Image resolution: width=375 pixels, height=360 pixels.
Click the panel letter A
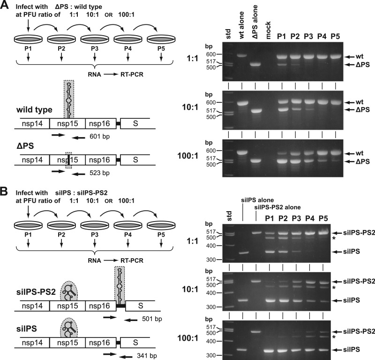5,6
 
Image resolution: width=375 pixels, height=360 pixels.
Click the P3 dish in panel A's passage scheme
96,38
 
